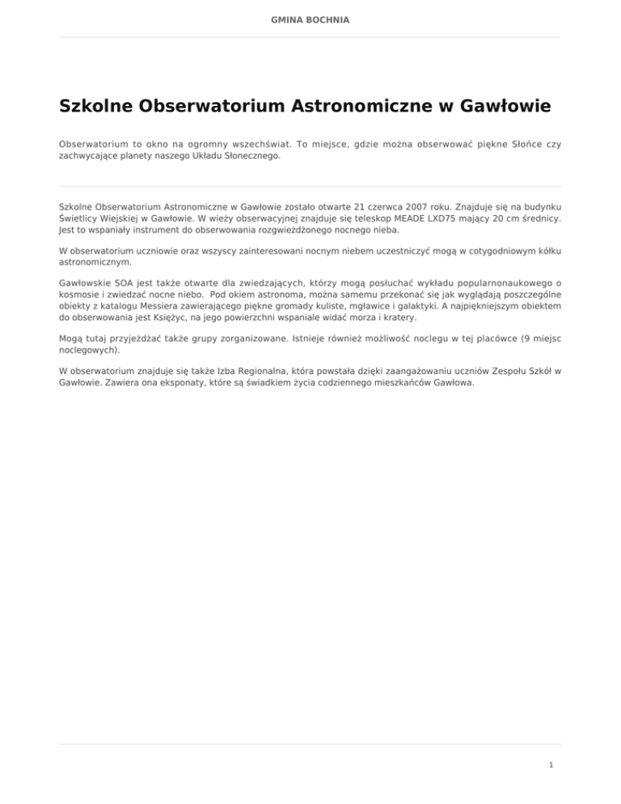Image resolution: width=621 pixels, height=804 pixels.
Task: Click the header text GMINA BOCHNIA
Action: [310, 18]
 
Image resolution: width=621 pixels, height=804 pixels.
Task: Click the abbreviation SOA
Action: [125, 284]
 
